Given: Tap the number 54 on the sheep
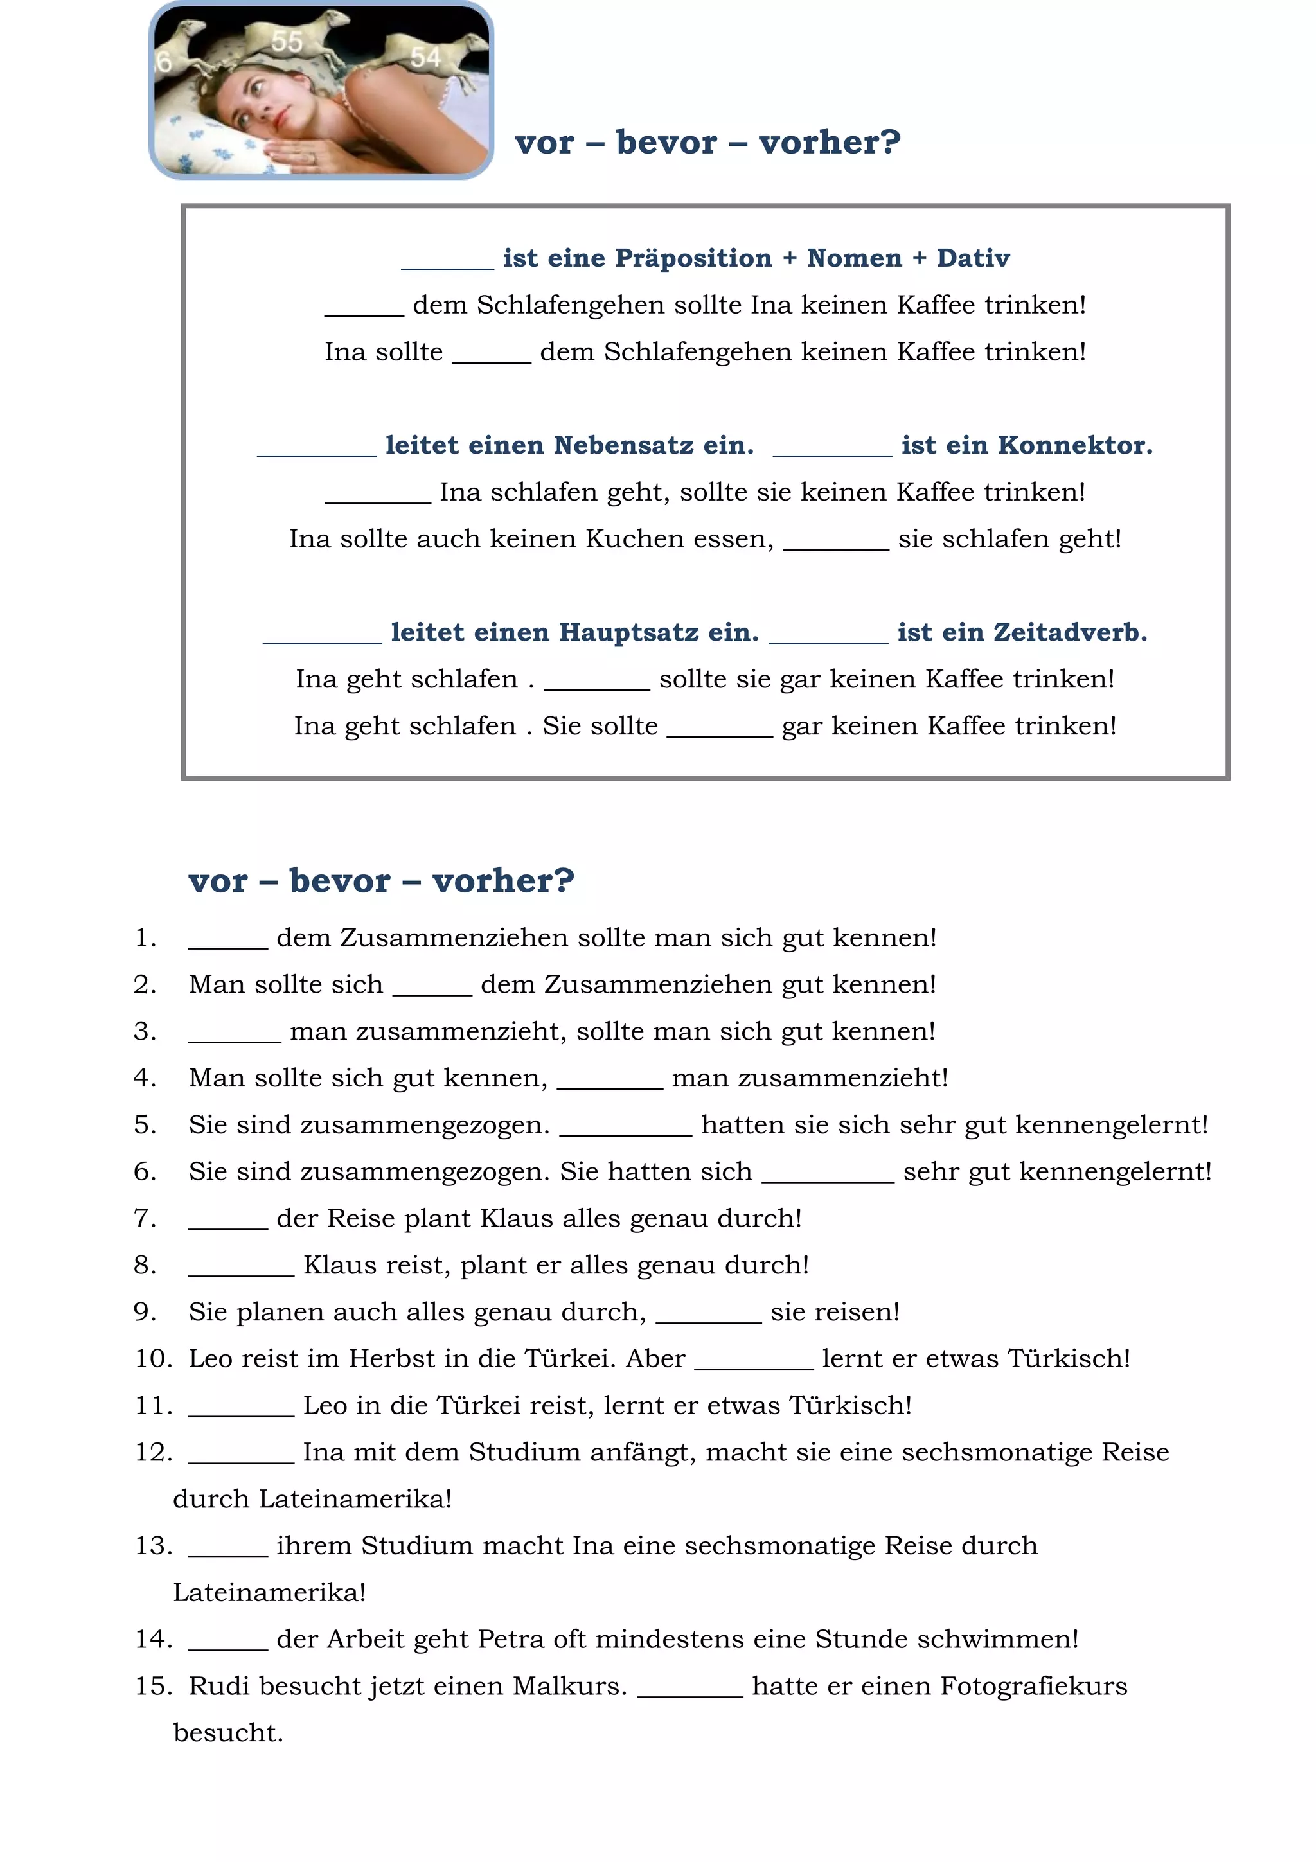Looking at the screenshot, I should click(425, 57).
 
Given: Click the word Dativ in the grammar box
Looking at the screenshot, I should click(973, 258).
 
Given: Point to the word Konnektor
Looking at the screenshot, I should click(1074, 445).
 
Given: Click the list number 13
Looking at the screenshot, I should click(152, 1546).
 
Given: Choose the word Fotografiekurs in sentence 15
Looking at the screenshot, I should click(1033, 1686).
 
